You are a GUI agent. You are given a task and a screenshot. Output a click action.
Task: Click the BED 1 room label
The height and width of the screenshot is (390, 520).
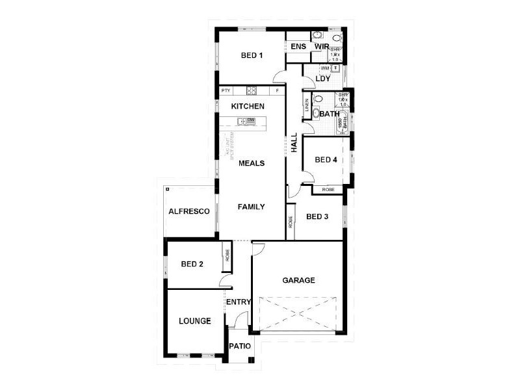252,55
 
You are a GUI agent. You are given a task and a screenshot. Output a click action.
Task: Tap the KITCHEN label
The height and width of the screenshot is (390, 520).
248,106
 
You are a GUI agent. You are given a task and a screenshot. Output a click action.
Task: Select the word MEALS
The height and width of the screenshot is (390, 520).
251,163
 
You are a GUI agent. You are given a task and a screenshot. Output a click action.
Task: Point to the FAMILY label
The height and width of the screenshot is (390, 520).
251,207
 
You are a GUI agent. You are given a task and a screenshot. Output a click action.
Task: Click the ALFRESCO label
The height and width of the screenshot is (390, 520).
188,212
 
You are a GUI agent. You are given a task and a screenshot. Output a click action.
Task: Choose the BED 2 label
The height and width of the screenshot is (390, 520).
192,264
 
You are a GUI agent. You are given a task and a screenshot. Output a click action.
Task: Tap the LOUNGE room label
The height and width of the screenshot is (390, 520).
195,321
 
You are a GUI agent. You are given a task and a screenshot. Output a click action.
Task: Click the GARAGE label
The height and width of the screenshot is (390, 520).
298,281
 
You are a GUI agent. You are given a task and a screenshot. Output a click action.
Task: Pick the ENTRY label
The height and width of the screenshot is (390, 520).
239,302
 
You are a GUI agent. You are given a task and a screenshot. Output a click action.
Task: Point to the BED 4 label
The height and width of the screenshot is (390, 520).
326,160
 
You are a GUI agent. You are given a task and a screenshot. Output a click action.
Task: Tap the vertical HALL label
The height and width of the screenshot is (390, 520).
294,143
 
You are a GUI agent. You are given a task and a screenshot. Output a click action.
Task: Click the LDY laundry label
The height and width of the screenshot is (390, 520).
323,79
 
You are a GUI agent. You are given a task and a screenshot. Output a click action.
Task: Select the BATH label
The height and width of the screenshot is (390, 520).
329,114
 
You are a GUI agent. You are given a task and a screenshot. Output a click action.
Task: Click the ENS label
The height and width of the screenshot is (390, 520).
298,47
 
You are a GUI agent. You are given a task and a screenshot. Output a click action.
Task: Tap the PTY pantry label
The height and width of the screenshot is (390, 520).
226,90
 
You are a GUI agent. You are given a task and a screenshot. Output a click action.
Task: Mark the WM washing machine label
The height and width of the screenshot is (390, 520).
324,68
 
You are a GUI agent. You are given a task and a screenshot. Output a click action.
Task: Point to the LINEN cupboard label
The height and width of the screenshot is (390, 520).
306,108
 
